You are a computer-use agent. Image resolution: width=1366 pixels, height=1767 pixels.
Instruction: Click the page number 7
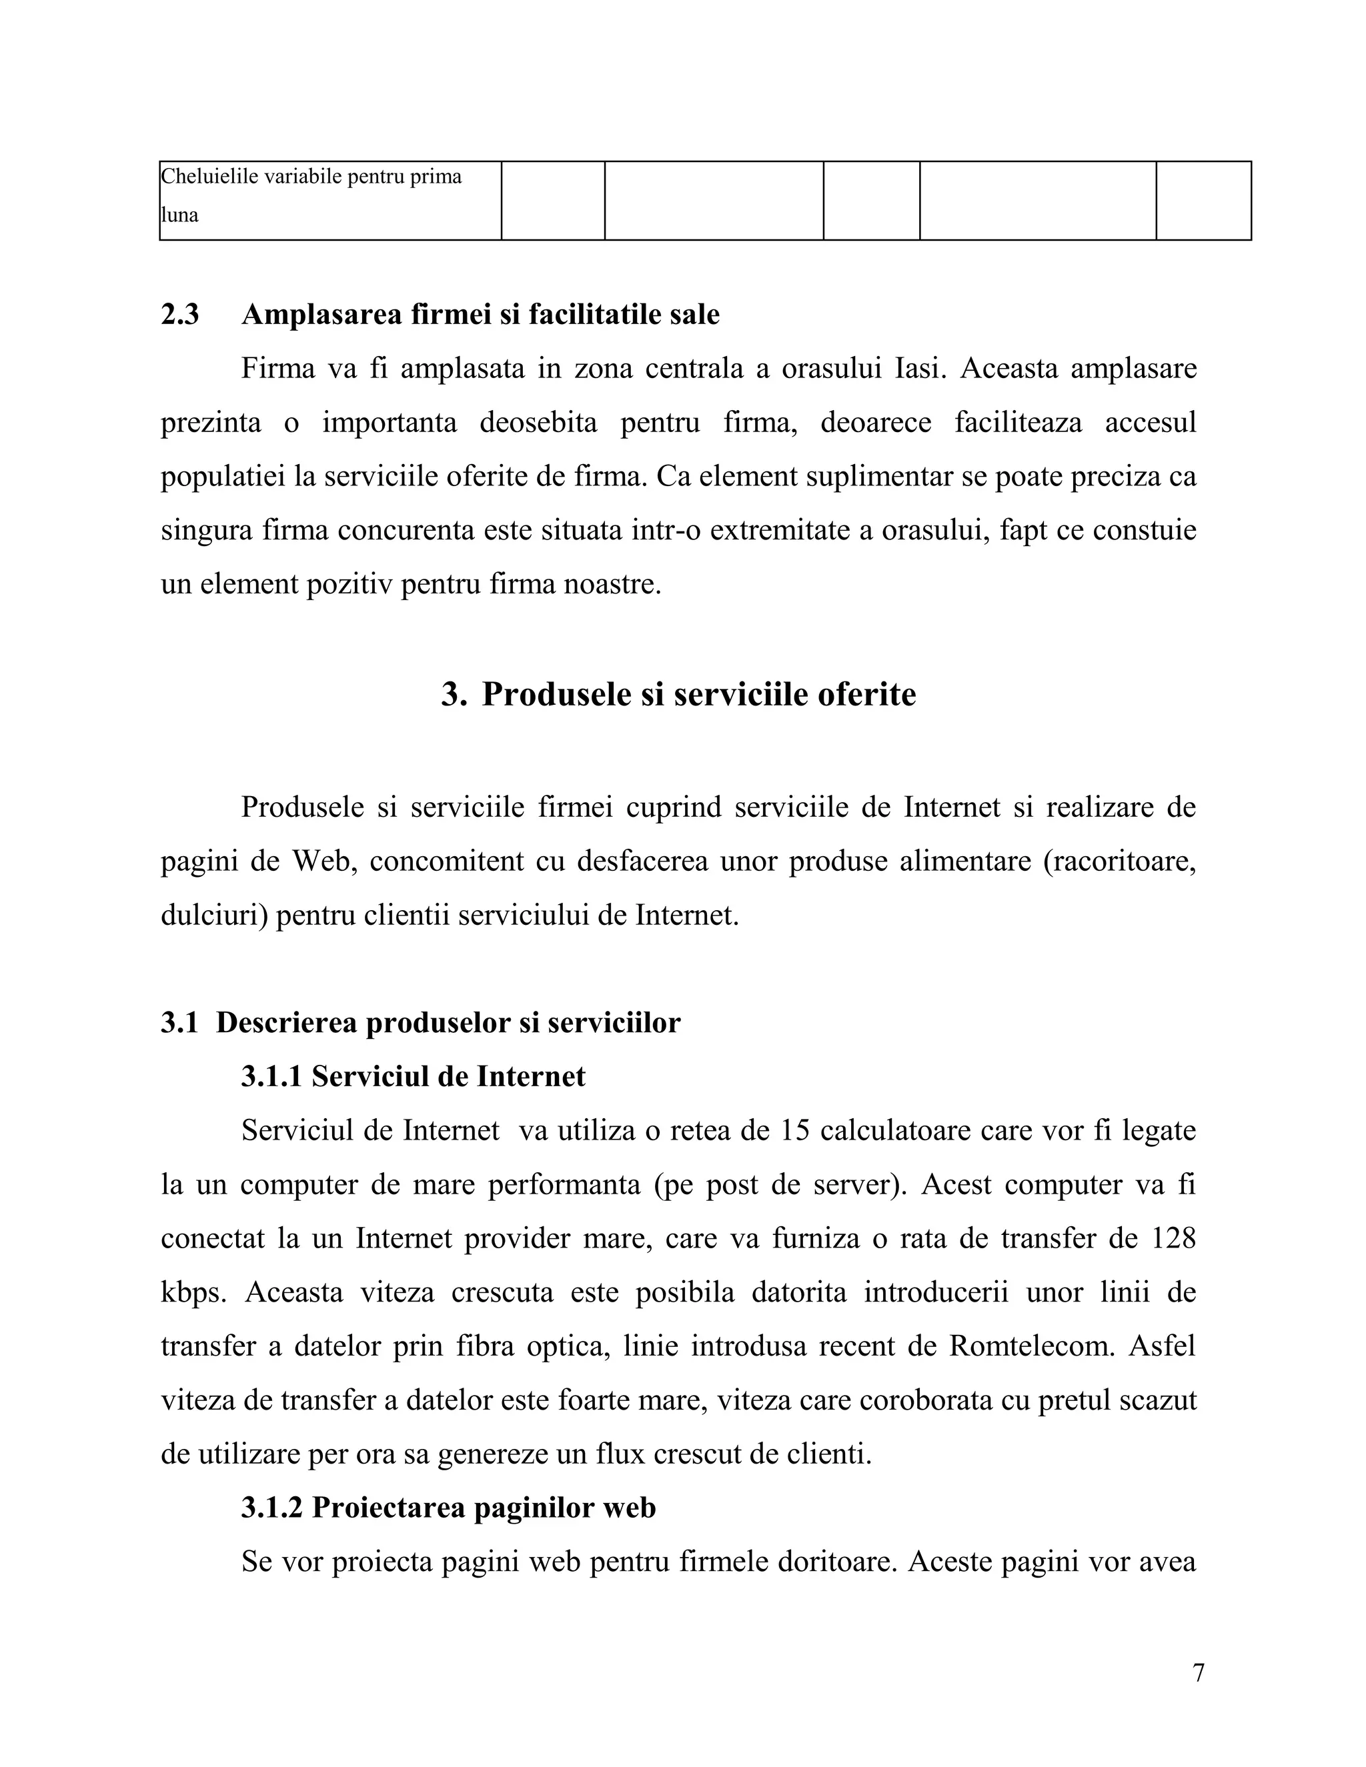click(1199, 1672)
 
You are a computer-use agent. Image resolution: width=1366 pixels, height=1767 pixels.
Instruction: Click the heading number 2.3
click(179, 315)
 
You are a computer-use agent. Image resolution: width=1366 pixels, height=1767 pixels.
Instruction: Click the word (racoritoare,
click(1119, 861)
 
